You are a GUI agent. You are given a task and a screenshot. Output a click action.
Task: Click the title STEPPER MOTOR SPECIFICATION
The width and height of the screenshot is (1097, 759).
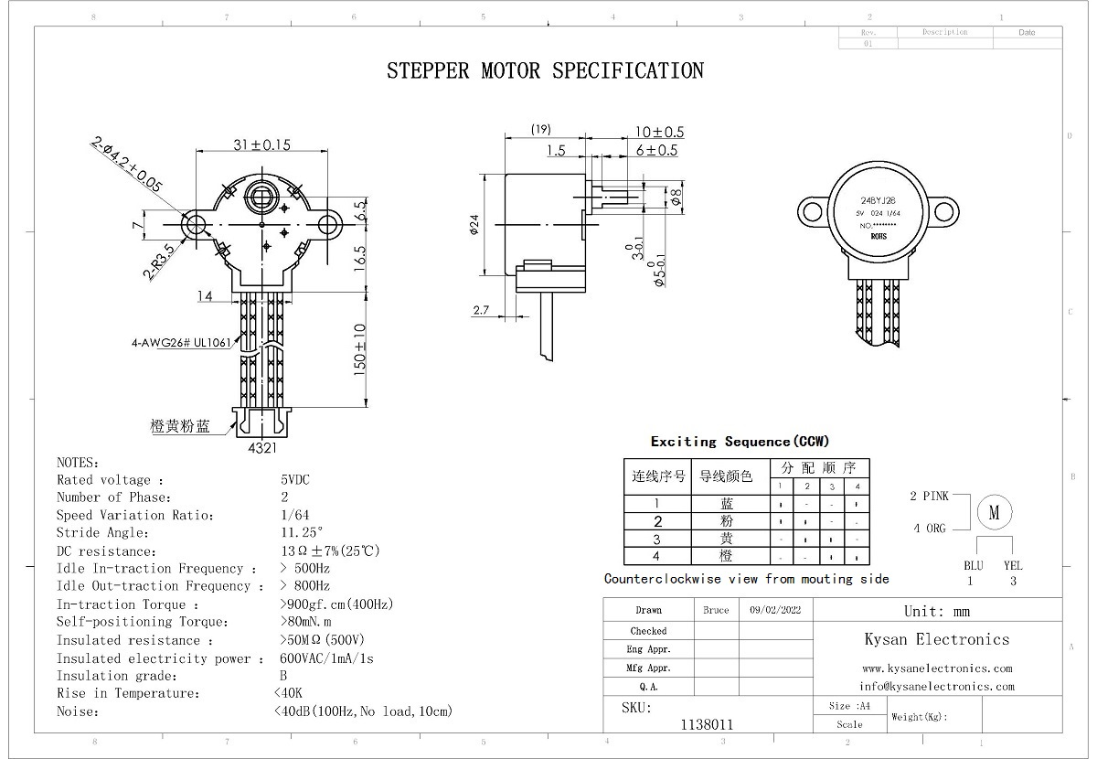(x=545, y=70)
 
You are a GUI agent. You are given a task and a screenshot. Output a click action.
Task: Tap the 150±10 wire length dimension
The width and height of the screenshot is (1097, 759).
(x=360, y=348)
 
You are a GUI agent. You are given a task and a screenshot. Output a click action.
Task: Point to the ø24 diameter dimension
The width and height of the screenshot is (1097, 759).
(x=475, y=223)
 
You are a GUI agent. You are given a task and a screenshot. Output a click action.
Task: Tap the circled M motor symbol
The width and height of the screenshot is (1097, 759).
(x=994, y=513)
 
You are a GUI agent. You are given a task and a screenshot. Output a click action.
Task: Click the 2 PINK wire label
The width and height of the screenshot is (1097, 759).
(x=929, y=497)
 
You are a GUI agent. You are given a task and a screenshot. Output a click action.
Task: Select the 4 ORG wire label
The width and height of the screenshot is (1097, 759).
(x=930, y=529)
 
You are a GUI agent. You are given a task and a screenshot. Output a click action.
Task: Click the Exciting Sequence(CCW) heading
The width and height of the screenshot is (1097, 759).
(x=740, y=442)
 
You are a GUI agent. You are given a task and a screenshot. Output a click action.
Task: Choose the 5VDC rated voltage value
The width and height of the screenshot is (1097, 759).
(x=295, y=480)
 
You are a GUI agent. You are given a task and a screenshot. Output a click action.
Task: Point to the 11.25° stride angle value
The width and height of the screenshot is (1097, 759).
(x=302, y=533)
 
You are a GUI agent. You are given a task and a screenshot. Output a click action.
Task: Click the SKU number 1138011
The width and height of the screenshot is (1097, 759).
(x=707, y=724)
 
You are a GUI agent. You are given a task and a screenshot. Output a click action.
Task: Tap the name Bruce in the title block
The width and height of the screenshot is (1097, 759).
(x=716, y=610)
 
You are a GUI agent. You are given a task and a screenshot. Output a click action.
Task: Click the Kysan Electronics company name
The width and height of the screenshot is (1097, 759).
(x=937, y=639)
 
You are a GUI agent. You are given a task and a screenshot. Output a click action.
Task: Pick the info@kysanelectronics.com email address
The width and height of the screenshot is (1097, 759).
(x=937, y=686)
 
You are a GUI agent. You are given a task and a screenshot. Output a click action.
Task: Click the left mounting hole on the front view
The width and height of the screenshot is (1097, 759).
(x=195, y=224)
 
